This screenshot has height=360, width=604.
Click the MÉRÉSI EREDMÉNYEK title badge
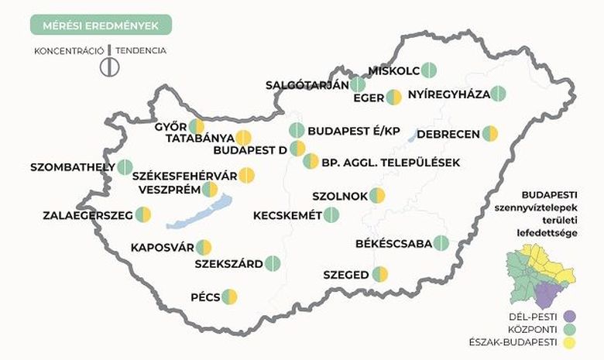click(101, 26)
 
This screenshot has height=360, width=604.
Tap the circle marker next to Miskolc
click(429, 70)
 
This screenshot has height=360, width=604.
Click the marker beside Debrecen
click(489, 134)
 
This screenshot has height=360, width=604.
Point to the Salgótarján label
click(307, 85)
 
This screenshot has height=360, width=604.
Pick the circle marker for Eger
click(393, 98)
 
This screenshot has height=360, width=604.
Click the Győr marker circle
click(197, 126)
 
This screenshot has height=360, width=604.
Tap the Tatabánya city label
click(198, 139)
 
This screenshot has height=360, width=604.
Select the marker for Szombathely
click(125, 166)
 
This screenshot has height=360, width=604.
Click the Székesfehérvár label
click(184, 175)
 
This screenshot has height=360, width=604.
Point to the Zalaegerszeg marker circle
click(143, 214)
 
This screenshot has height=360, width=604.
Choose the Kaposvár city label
click(161, 248)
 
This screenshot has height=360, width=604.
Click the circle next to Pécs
click(229, 297)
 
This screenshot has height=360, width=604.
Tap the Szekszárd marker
click(273, 263)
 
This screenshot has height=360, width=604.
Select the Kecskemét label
click(287, 214)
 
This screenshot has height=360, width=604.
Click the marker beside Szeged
click(379, 274)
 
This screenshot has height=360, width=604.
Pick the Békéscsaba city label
click(393, 243)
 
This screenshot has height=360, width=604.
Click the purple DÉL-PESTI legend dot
click(571, 316)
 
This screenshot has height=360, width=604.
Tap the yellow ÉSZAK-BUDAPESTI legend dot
click(571, 343)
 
